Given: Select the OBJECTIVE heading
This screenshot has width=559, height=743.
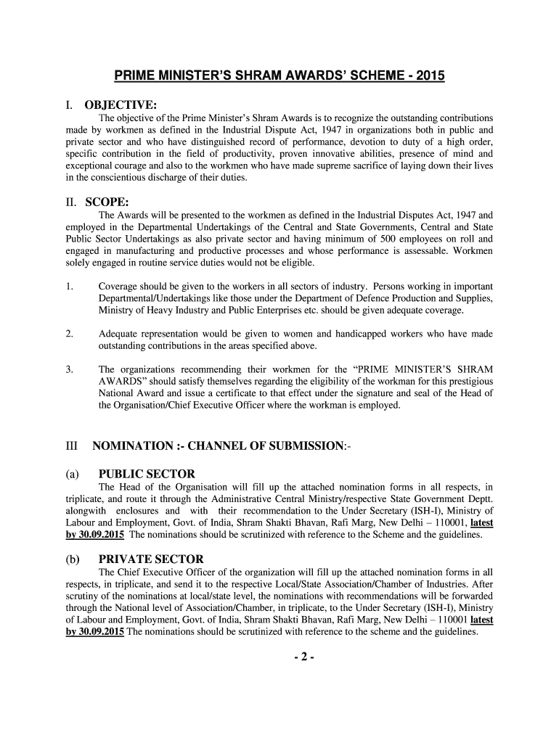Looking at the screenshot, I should [121, 106].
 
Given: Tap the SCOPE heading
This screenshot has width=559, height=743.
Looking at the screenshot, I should [106, 203].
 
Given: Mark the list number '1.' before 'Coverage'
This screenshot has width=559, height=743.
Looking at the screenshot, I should [69, 287].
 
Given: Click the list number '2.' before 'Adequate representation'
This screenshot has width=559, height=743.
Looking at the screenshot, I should [69, 334].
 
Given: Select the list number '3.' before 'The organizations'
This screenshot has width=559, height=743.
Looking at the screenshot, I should [69, 369].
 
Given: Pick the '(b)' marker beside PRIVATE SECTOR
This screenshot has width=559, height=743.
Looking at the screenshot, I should [72, 559].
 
